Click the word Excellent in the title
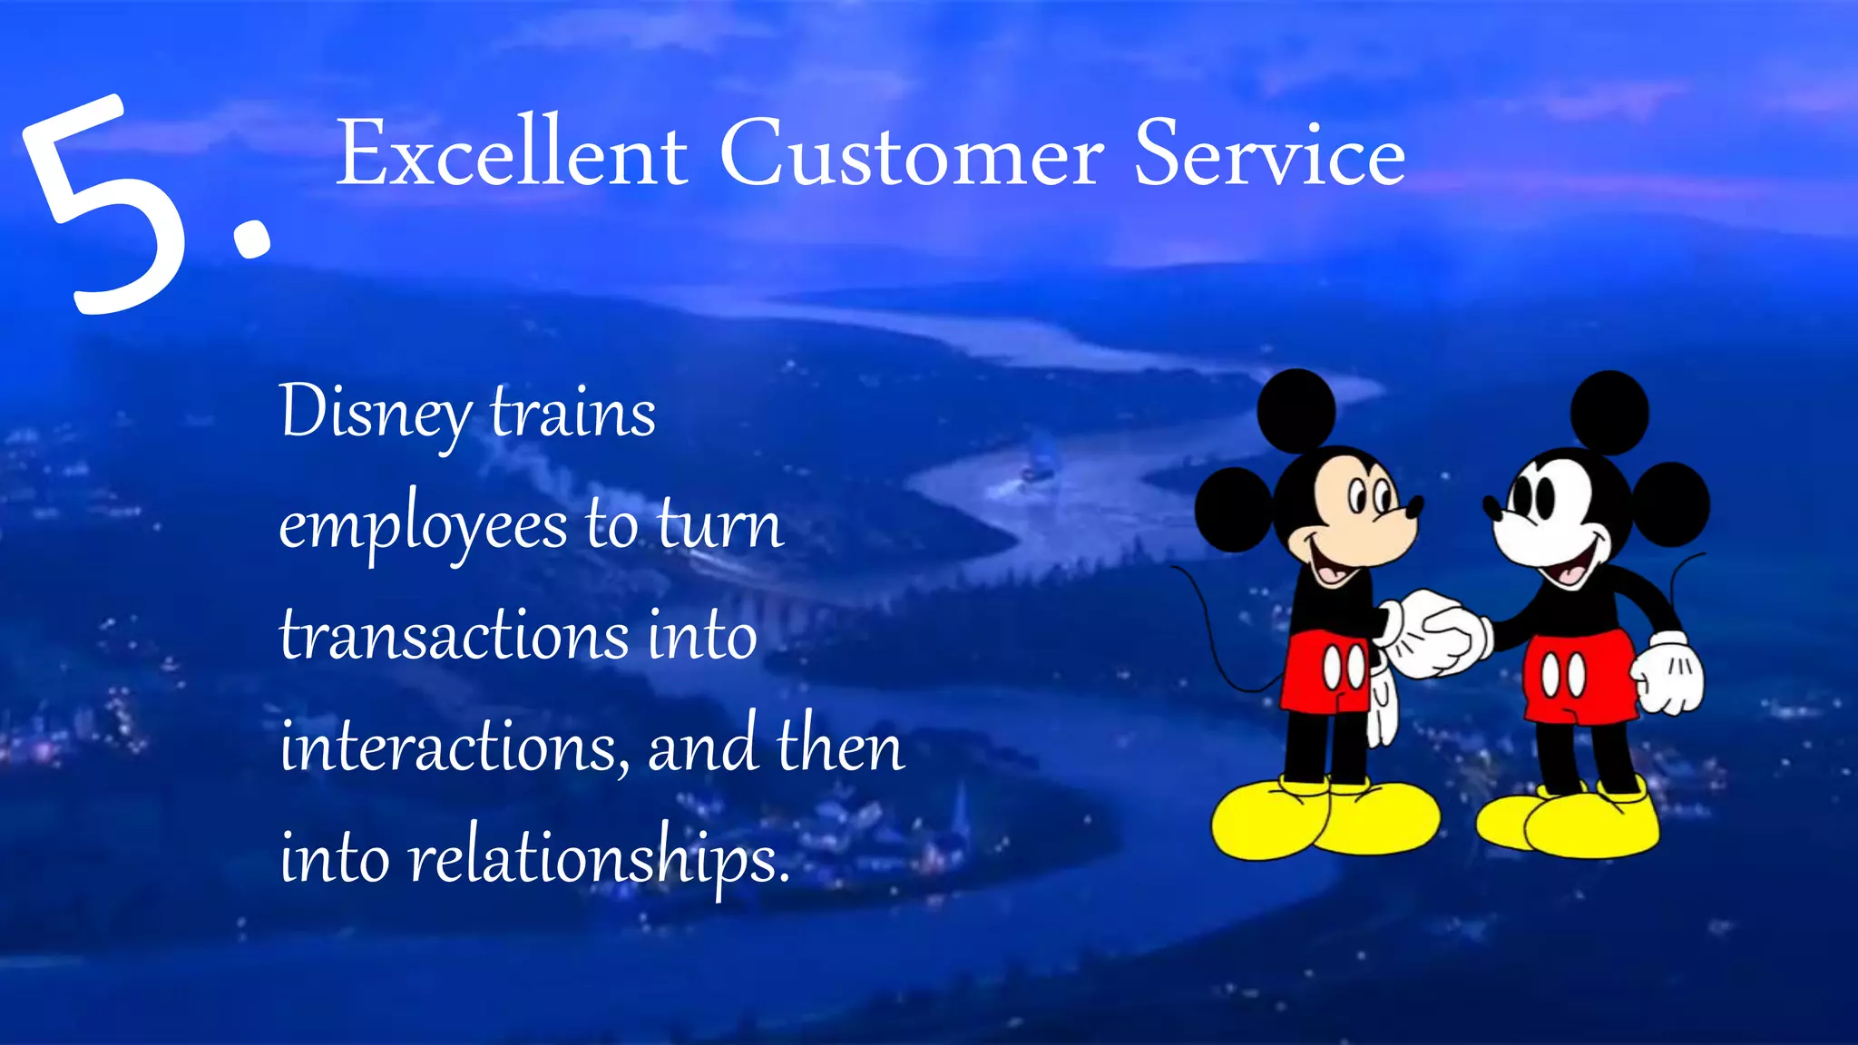(x=512, y=153)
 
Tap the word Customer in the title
(x=911, y=153)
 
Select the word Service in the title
(x=1269, y=153)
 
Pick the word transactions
(x=454, y=635)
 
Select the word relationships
(x=599, y=858)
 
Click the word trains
(x=572, y=414)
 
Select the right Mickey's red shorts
(x=1579, y=677)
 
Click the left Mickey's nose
(x=1413, y=506)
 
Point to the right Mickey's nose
(x=1491, y=505)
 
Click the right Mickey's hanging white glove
(x=1669, y=675)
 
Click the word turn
(x=720, y=526)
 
